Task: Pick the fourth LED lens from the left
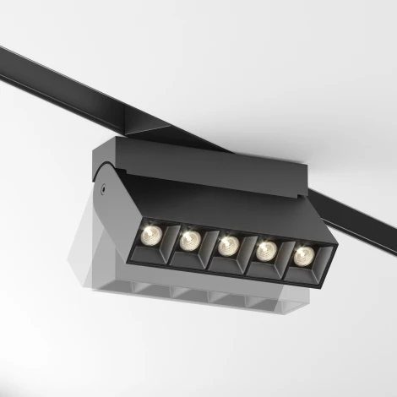[x=265, y=249]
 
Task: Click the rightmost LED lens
[x=301, y=254]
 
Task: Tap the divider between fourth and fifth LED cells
[x=284, y=257]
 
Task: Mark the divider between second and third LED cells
[x=208, y=246]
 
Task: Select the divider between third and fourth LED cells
[x=247, y=252]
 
